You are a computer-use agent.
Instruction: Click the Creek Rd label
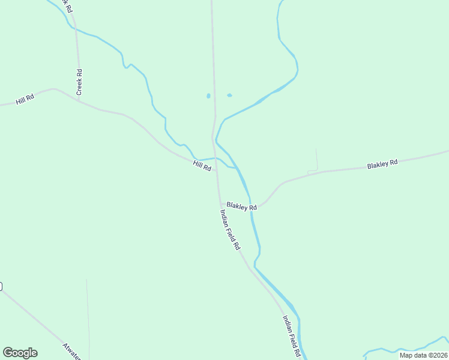tap(79, 82)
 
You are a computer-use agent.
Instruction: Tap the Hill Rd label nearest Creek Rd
tap(25, 99)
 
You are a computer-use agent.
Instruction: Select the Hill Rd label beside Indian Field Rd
tap(202, 166)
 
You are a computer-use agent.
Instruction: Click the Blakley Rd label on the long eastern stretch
tap(382, 164)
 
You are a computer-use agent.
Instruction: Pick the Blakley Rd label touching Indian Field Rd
tap(241, 206)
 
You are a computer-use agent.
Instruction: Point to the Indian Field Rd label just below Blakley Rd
tap(230, 229)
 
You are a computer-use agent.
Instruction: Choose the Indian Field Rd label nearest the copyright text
tap(291, 337)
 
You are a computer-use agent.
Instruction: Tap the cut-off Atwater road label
tap(71, 351)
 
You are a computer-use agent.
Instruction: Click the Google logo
tap(20, 353)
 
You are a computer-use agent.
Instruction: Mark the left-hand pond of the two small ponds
tap(208, 96)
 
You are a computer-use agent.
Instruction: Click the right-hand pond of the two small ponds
tap(229, 95)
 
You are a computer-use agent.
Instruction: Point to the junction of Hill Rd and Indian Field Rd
tap(217, 170)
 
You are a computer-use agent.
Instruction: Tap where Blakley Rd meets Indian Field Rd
tap(220, 203)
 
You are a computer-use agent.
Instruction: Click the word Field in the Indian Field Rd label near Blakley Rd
tap(231, 230)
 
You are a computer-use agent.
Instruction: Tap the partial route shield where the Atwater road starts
tap(1, 286)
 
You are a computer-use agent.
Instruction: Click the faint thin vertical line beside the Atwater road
tap(88, 318)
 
